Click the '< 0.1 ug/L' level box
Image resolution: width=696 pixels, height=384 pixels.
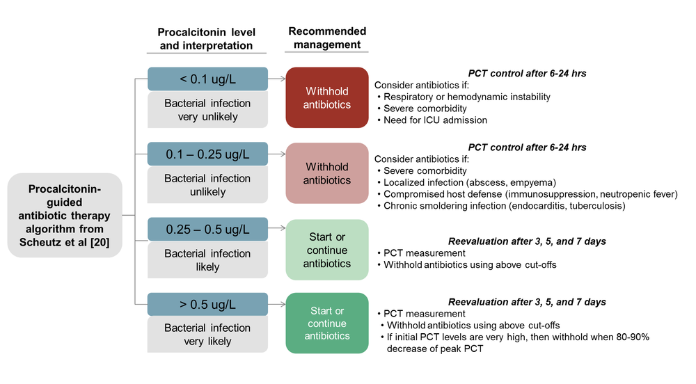coord(207,79)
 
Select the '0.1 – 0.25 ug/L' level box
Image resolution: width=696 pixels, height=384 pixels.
coord(207,154)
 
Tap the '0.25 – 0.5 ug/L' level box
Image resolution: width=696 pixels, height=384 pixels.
coord(207,229)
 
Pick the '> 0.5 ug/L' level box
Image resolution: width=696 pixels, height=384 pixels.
coord(207,304)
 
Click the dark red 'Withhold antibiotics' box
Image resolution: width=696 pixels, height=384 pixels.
coord(327,97)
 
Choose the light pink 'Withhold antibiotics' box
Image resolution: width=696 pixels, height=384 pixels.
coord(327,173)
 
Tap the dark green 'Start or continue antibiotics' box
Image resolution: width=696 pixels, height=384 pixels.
coord(327,323)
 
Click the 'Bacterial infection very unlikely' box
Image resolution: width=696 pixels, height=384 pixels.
coord(207,110)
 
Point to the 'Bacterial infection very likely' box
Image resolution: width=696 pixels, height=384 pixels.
coord(207,335)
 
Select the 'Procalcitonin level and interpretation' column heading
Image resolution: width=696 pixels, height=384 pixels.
coord(206,39)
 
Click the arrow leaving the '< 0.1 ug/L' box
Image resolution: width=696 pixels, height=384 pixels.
coord(276,79)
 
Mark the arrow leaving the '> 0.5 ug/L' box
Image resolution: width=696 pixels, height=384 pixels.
coord(276,304)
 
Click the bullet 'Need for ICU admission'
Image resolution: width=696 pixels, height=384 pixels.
coord(435,120)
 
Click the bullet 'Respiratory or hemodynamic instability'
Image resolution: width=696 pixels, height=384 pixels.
coord(467,97)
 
